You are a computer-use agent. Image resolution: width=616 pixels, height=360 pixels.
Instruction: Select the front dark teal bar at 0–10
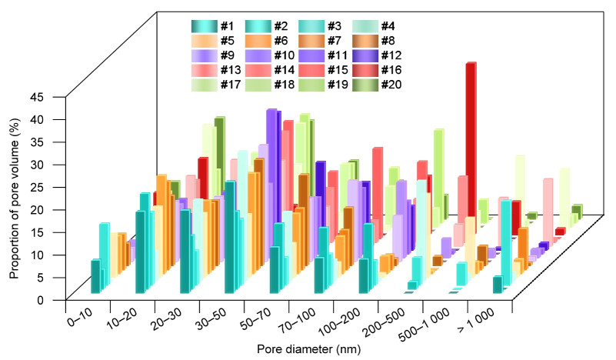coord(95,276)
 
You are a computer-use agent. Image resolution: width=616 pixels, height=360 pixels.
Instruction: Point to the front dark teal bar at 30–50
coord(230,238)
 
